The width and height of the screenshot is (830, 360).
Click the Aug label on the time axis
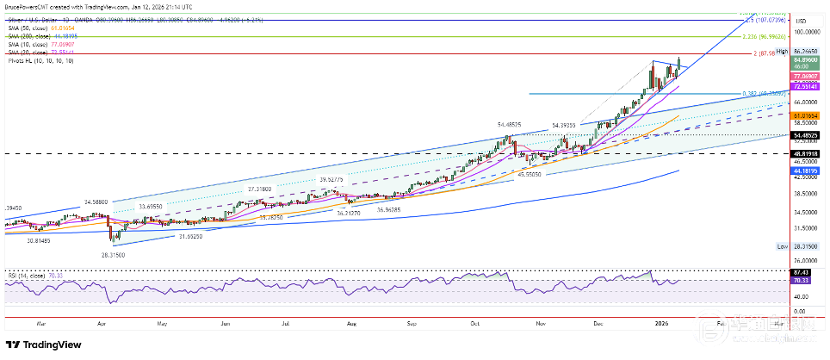[x=351, y=323]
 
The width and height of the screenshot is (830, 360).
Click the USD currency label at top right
[x=801, y=20]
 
